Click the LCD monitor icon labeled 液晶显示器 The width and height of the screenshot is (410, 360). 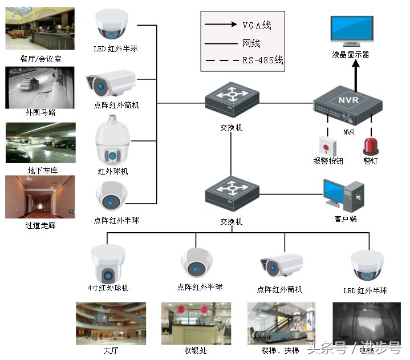pyautogui.click(x=352, y=32)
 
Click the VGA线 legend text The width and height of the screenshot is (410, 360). pyautogui.click(x=257, y=25)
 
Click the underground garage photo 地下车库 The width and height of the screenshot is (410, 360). pyautogui.click(x=40, y=143)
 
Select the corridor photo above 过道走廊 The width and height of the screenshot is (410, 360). pyautogui.click(x=40, y=197)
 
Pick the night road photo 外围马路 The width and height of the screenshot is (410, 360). pyautogui.click(x=40, y=87)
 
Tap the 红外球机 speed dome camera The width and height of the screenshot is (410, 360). pyautogui.click(x=113, y=142)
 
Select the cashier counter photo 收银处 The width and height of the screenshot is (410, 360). pyautogui.click(x=196, y=323)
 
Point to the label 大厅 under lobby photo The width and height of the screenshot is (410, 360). pyautogui.click(x=111, y=350)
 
